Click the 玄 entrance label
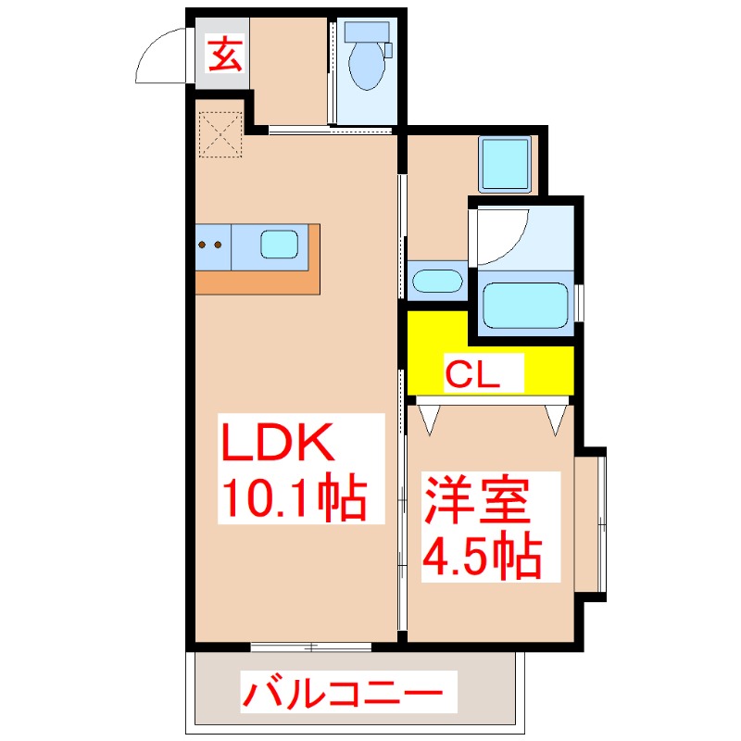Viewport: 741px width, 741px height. point(224,56)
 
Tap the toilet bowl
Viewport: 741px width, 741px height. point(365,69)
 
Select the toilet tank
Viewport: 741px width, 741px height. point(367,31)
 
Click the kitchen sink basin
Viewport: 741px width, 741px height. point(279,245)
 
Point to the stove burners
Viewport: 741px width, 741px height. point(209,245)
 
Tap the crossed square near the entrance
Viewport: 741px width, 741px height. point(220,135)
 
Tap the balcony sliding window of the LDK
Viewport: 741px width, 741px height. point(311,647)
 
